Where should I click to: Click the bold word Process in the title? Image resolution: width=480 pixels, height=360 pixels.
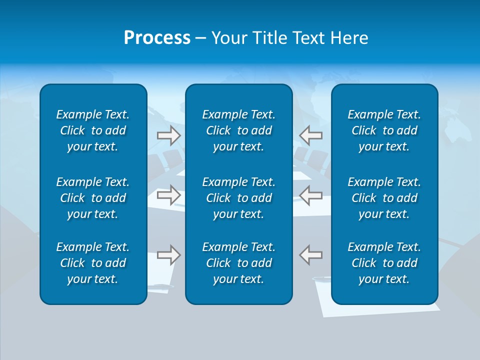pos(157,38)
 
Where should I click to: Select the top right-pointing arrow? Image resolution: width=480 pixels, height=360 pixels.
pos(168,135)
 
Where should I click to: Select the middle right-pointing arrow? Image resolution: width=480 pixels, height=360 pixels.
pos(168,194)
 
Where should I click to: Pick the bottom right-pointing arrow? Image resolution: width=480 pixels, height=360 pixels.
pos(168,255)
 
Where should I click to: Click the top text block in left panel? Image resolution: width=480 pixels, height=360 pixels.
pos(92,130)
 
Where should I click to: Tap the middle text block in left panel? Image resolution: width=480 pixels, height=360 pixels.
pos(92,198)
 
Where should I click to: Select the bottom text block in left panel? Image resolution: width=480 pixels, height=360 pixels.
pos(92,263)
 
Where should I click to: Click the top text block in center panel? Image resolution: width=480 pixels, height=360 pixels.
pos(238,130)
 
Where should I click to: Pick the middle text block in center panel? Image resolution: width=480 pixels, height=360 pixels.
pos(238,198)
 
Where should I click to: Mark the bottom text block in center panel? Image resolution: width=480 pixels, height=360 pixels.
pos(238,263)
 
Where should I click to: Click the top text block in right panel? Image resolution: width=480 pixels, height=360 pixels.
pos(384,130)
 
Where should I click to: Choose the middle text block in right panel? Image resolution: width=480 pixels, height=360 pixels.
pos(384,198)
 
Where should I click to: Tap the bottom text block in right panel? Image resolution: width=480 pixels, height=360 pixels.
pos(384,263)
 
